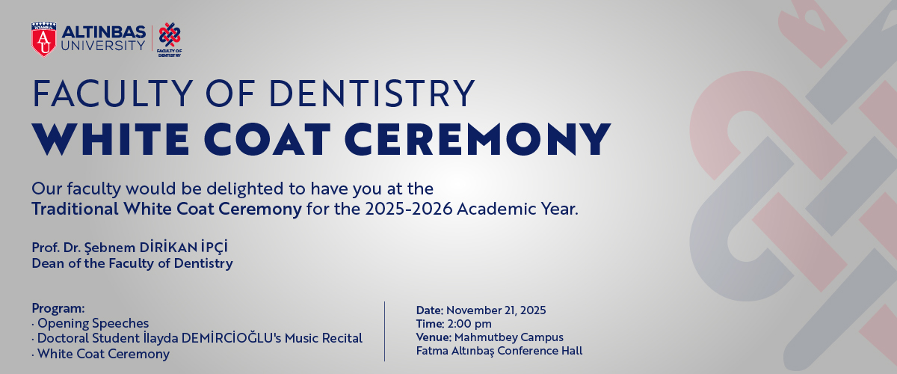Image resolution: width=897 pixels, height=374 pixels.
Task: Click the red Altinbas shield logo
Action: point(43,39)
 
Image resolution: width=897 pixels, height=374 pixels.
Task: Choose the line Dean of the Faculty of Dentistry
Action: point(132,263)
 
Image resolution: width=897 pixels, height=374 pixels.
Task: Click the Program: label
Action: point(58,308)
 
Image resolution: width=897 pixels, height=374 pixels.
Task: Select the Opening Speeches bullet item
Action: point(93,323)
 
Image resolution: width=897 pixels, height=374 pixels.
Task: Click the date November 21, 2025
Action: point(496,310)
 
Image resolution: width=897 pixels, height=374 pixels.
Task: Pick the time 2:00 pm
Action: point(469,323)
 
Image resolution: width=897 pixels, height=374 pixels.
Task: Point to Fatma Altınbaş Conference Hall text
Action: point(499,350)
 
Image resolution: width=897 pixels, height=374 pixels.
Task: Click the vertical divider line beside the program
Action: point(385,331)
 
